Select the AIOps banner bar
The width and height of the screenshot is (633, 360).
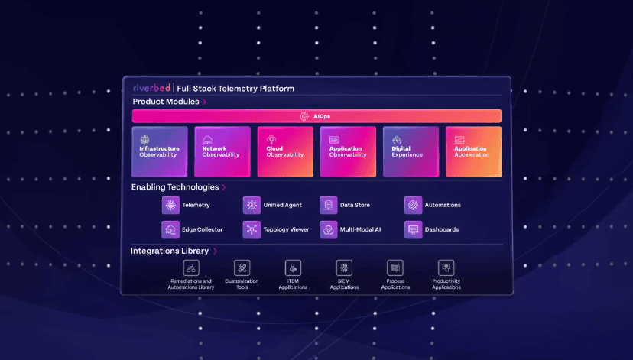[x=316, y=116]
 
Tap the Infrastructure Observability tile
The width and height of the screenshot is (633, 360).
[x=159, y=151]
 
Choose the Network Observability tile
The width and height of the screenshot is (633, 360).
[x=222, y=151]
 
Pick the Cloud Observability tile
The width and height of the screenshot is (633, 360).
[x=285, y=151]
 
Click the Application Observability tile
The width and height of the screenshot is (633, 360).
[x=348, y=151]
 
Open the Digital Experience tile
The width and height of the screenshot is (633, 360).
[x=411, y=151]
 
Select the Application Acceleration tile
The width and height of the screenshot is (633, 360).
[x=473, y=151]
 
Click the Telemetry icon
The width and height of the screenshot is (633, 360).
[x=170, y=205]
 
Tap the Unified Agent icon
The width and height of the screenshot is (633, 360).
[x=252, y=205]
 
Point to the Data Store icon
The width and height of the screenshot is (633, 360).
[x=328, y=205]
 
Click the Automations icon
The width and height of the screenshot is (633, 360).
[x=413, y=205]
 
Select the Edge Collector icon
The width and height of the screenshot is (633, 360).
[x=170, y=229]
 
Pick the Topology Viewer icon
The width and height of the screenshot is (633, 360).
[x=252, y=229]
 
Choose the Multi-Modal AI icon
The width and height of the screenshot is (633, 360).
[x=328, y=229]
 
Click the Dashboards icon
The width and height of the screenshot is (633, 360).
[x=413, y=229]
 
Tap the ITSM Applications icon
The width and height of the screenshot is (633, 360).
[x=293, y=268]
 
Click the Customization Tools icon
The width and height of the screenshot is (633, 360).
[x=242, y=268]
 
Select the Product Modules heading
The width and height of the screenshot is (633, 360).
[x=166, y=102]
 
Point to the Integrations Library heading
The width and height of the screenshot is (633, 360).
[x=170, y=251]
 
